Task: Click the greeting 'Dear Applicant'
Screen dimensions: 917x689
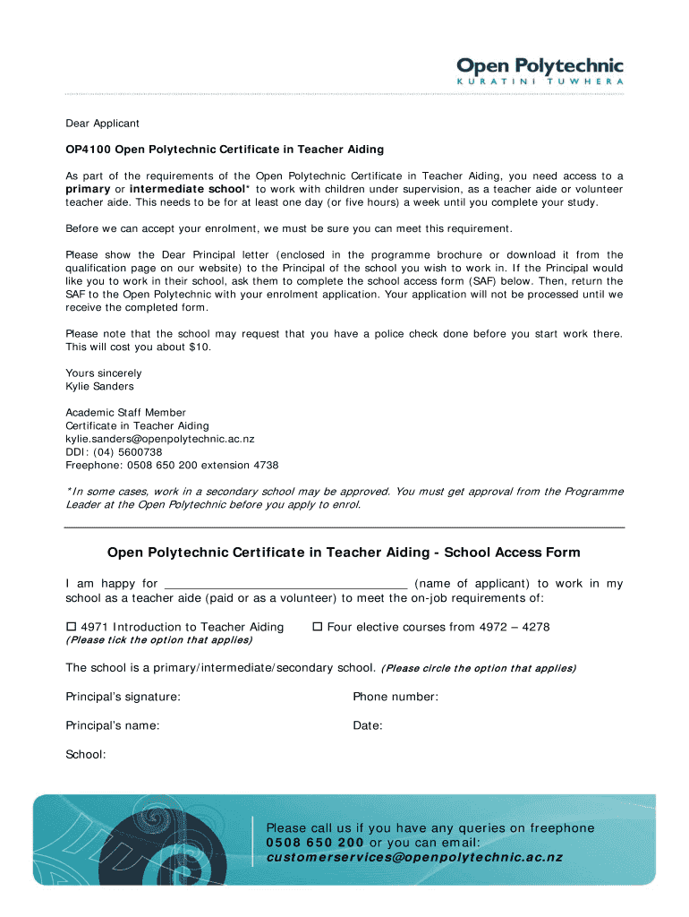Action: (102, 124)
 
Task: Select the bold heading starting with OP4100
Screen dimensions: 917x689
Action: (225, 149)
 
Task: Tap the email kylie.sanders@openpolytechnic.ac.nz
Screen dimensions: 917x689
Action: (160, 439)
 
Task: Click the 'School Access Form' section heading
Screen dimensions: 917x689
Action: (344, 553)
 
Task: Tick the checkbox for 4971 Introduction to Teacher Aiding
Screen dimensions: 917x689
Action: (72, 627)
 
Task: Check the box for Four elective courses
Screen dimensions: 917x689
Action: (317, 627)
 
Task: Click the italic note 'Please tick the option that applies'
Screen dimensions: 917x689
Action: (159, 640)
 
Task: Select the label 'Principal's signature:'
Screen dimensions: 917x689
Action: (123, 697)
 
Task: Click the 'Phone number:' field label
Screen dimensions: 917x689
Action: (396, 697)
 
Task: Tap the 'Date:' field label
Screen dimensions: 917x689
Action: (368, 725)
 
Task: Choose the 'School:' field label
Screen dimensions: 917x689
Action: (86, 755)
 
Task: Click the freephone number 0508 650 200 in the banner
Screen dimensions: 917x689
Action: (315, 843)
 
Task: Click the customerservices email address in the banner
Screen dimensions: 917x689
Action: (414, 857)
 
